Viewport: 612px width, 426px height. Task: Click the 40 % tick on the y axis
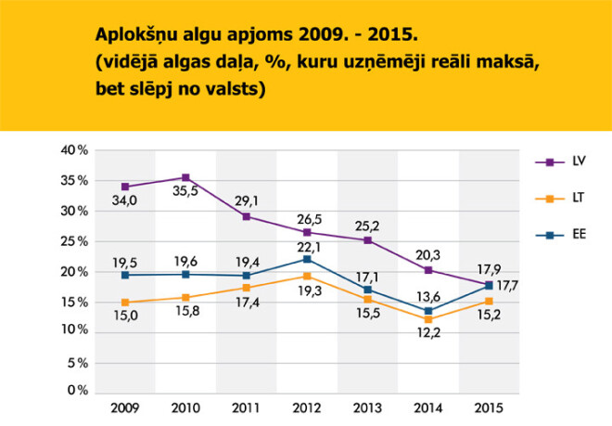point(74,150)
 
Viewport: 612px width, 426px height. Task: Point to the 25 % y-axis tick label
point(74,240)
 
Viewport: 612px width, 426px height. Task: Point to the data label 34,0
point(126,201)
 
